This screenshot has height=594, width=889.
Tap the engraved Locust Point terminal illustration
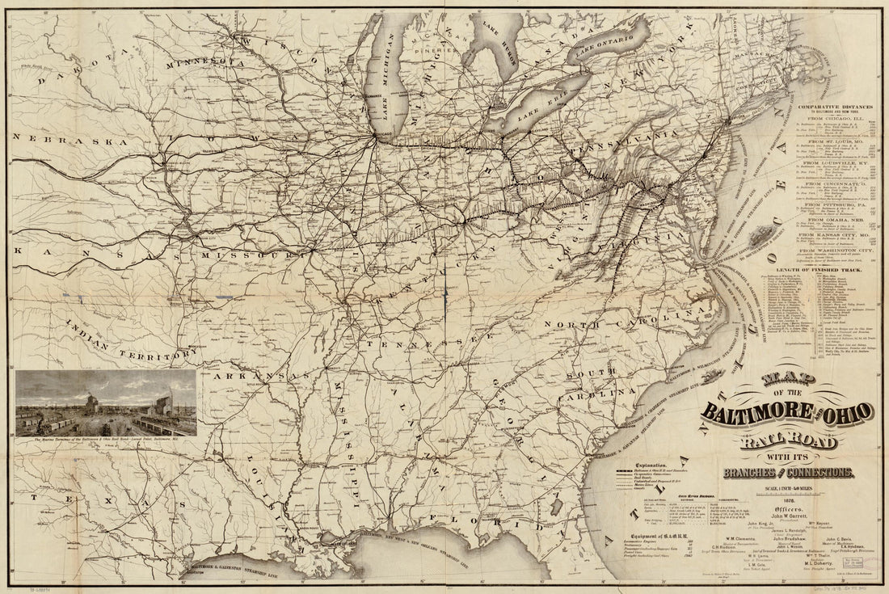click(106, 404)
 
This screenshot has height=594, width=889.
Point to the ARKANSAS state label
click(267, 377)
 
